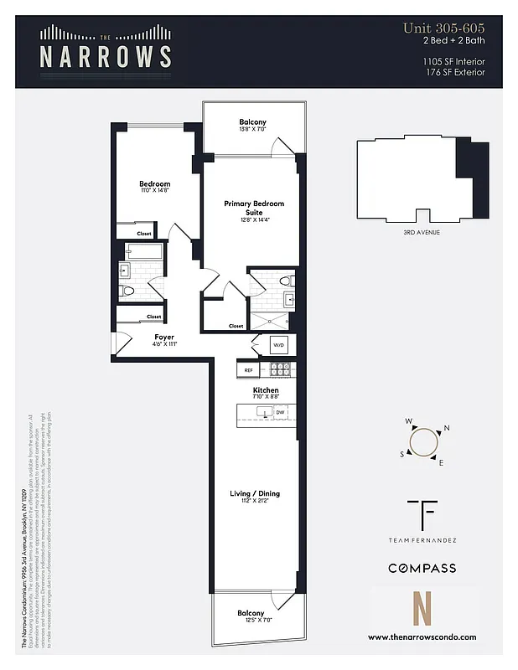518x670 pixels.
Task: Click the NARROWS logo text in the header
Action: point(106,56)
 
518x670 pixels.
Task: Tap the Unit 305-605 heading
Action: point(443,28)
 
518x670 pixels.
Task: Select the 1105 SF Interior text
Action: point(453,61)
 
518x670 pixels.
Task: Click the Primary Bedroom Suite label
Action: point(253,208)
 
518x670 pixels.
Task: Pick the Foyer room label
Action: point(164,338)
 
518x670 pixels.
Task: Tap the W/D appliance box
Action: point(277,344)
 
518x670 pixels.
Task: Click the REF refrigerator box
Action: point(248,369)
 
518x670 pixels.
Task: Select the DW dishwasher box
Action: point(280,413)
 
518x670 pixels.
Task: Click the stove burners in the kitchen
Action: point(279,369)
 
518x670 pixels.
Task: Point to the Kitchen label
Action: point(266,391)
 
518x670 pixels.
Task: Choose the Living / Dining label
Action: point(255,494)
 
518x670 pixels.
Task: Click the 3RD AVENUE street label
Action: point(422,232)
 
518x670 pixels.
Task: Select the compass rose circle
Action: point(423,441)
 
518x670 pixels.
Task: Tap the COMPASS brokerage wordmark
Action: point(422,568)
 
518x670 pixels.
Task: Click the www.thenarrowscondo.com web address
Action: point(422,636)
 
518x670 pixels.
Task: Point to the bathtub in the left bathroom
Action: point(143,250)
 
